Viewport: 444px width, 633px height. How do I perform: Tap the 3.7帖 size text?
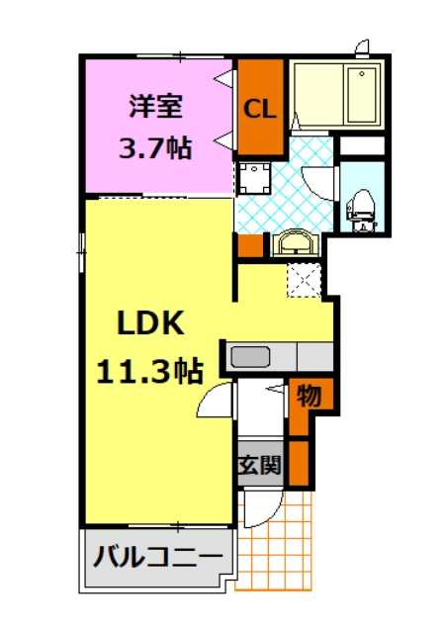pos(154,148)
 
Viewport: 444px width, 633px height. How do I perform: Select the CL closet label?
pos(260,108)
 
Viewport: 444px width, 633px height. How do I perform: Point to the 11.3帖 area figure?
pos(149,371)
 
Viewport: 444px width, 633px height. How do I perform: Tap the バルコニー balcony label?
pos(158,558)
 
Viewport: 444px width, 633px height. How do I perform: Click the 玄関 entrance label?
pos(261,463)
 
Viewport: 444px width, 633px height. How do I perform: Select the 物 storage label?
pos(308,397)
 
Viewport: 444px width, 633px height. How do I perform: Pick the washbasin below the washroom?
pos(294,243)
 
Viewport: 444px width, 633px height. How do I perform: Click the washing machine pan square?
pos(255,180)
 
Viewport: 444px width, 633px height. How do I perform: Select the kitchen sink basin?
pos(251,355)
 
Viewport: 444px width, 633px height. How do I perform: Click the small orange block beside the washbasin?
pos(250,246)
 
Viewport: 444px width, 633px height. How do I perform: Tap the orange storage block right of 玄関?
pos(299,463)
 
